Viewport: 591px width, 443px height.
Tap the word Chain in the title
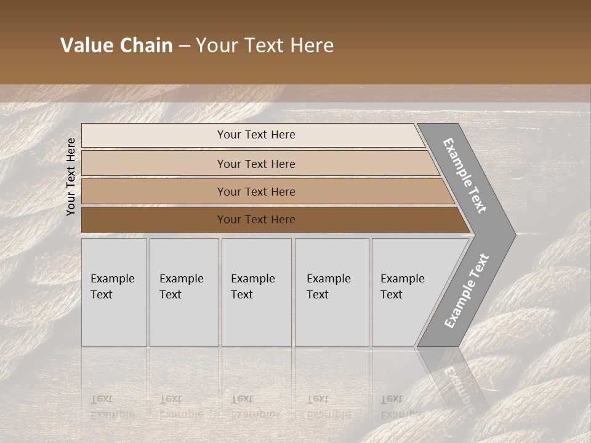146,46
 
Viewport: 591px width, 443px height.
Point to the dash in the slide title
184,46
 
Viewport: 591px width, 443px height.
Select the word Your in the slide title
215,46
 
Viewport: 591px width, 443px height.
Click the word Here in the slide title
312,46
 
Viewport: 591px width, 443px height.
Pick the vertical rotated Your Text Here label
71,177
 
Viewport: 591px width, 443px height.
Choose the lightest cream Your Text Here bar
255,135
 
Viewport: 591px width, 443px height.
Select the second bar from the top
255,164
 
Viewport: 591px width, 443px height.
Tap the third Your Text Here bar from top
255,191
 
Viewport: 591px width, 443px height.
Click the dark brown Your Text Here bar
255,220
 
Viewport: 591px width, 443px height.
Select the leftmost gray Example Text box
114,292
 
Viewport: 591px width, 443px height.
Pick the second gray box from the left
183,292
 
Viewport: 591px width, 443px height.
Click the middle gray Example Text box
256,292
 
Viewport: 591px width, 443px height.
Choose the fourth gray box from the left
331,292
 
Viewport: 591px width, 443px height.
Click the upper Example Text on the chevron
465,175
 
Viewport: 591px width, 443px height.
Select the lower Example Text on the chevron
467,291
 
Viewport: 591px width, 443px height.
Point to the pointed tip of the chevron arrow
512,234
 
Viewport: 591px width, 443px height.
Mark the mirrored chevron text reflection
457,388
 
